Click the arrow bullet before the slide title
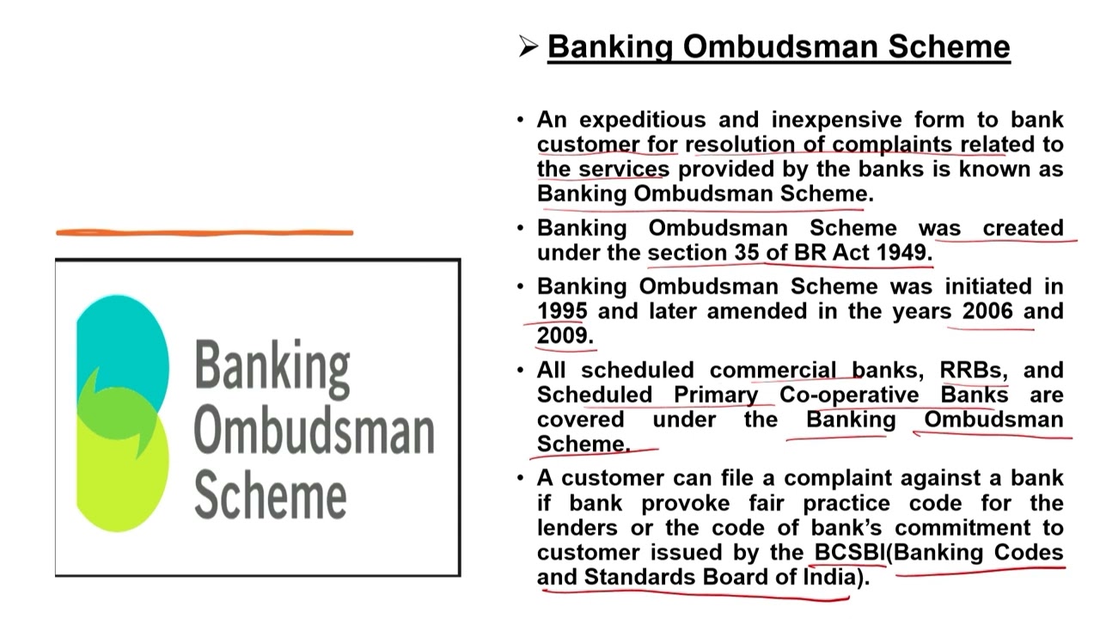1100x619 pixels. coord(528,46)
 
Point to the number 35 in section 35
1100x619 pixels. coord(746,253)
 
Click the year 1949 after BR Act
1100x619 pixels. coord(901,253)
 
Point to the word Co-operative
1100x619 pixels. coord(849,395)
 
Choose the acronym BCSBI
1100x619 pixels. coord(849,552)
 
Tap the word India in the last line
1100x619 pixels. coord(830,577)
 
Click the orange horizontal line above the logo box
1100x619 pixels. coord(205,232)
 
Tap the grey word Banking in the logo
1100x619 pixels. coord(272,365)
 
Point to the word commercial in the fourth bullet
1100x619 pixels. coord(772,371)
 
